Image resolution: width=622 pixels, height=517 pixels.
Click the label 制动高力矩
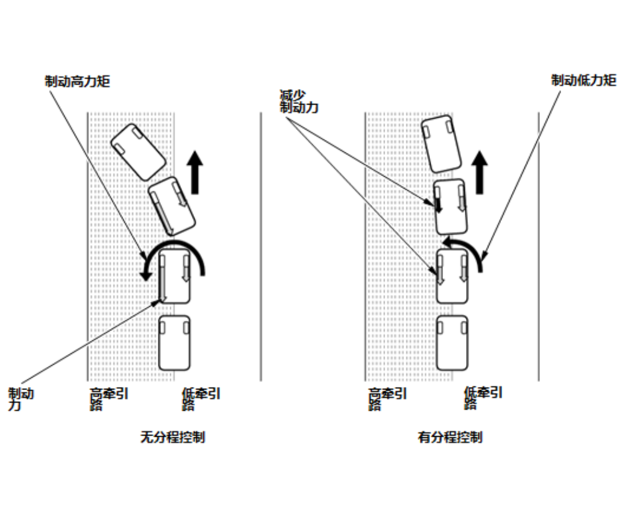78,81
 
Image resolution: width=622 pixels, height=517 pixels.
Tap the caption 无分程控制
173,437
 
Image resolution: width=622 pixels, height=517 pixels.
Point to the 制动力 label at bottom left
21,399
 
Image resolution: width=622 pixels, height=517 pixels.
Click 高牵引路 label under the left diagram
109,398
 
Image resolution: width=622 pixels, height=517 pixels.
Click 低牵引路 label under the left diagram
201,398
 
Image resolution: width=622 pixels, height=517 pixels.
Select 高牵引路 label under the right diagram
387,398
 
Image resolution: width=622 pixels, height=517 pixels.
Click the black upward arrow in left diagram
196,172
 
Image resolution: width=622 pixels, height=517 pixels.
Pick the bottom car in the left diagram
174,343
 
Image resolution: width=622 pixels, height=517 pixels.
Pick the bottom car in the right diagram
452,343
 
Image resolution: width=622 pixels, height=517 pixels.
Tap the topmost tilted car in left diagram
138,152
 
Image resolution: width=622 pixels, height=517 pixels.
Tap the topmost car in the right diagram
441,145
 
